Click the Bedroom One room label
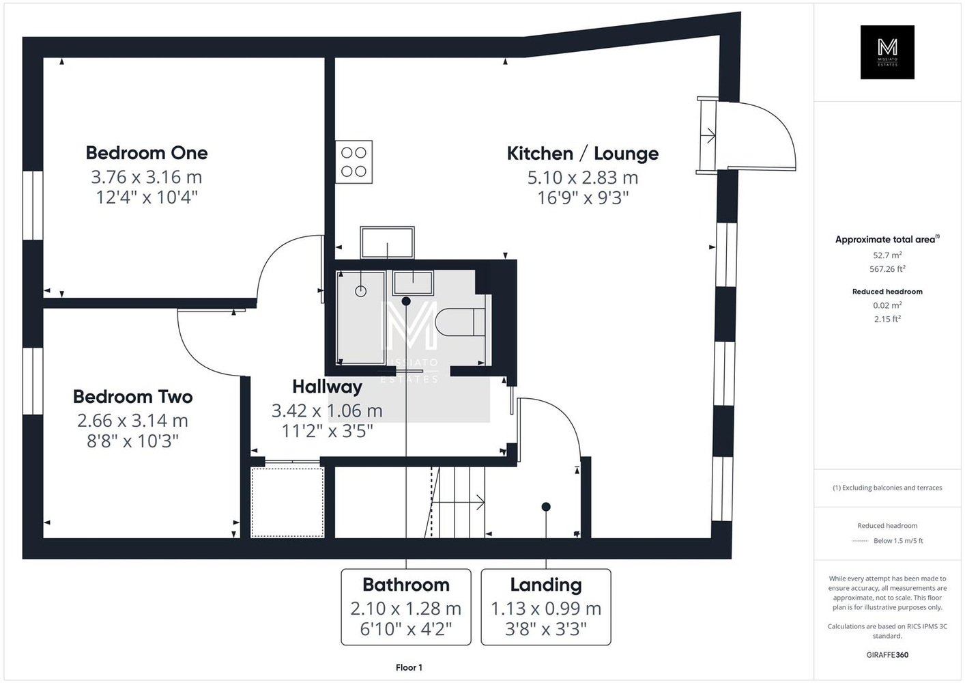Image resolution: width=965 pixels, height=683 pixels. pos(147,152)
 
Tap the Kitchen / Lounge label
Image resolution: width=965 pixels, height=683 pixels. pos(582,154)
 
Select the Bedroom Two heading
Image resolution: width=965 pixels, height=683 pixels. pos(132,397)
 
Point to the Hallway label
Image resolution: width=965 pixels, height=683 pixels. pos(327,387)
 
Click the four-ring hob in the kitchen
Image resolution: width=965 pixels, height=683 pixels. pos(354,162)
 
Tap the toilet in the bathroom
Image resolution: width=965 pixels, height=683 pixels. pos(461,322)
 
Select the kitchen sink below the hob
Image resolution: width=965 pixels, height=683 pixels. pos(387,242)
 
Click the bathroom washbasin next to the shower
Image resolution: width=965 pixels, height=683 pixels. pos(413,283)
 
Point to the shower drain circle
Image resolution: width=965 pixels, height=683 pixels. pos(360,292)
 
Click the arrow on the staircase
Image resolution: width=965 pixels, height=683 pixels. pos(459,502)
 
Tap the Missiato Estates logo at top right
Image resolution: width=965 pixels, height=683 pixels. pos(887,52)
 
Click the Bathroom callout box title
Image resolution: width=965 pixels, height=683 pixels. pos(406,585)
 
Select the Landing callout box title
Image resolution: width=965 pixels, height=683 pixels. pos(546,585)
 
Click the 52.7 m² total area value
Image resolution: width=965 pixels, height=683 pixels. pos(887,255)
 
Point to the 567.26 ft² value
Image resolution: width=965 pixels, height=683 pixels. pos(887,268)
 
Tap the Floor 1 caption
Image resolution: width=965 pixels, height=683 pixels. pos(409,667)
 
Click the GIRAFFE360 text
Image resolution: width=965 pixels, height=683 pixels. pos(887,655)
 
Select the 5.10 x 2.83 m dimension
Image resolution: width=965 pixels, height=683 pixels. pos(582,177)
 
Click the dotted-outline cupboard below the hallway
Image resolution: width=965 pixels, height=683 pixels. pos(287,502)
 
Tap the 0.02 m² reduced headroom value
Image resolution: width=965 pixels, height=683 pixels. pos(887,305)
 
